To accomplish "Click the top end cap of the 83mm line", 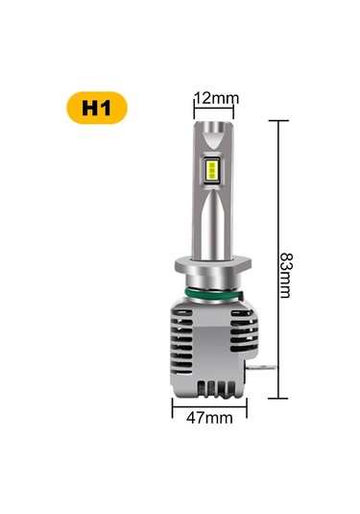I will point(277,120).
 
